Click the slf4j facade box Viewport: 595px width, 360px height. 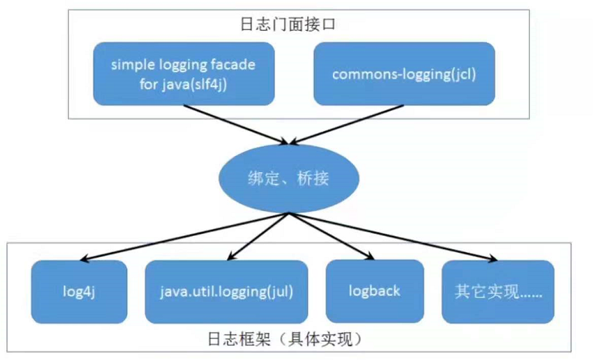[x=184, y=73]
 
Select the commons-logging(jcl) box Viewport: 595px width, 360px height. [x=404, y=73]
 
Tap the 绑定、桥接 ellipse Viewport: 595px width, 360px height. [x=289, y=178]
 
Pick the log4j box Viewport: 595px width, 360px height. [x=79, y=292]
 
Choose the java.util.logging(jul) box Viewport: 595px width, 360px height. [x=226, y=292]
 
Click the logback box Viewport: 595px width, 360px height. [x=375, y=291]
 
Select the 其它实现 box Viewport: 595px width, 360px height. [x=498, y=292]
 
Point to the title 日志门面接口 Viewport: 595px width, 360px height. [x=288, y=24]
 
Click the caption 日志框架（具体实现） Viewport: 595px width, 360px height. [x=285, y=339]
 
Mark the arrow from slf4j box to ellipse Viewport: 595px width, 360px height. [x=236, y=124]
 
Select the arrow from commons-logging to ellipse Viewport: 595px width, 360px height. [x=346, y=124]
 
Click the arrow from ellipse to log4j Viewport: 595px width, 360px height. [x=185, y=237]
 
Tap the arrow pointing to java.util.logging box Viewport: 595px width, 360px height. [x=258, y=237]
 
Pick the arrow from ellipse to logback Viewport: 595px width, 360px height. [x=332, y=236]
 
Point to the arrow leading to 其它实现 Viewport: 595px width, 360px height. [x=393, y=237]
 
